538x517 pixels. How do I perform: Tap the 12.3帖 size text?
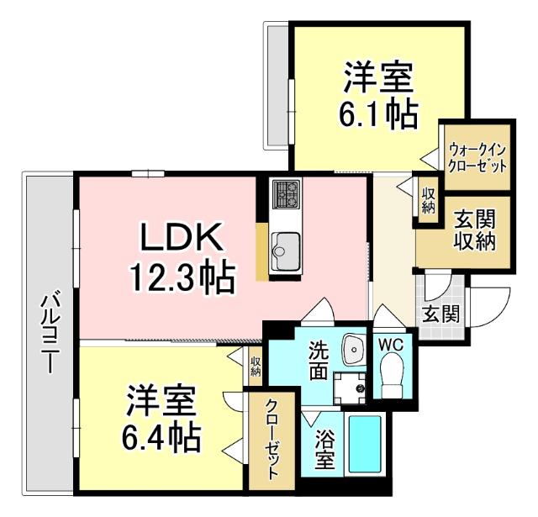(181, 277)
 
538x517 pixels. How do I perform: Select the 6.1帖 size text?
(377, 113)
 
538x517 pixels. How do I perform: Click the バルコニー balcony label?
(50, 333)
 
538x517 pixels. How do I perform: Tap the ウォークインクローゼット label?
(477, 156)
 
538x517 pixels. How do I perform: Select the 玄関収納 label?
(475, 229)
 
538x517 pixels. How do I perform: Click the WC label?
(392, 344)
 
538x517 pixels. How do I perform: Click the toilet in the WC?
(392, 375)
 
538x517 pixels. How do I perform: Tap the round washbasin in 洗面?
(351, 346)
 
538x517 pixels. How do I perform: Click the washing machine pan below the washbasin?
(349, 387)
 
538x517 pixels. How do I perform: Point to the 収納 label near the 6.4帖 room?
(256, 366)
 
